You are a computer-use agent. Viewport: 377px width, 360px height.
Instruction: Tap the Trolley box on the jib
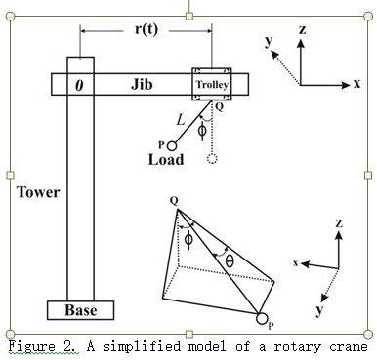[x=212, y=85]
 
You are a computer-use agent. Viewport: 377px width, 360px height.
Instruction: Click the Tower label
[x=38, y=192]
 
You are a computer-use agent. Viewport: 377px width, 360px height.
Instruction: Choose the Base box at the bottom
[x=80, y=310]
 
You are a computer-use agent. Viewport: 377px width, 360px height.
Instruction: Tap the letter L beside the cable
[x=178, y=118]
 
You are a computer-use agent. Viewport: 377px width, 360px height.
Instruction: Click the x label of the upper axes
[x=357, y=84]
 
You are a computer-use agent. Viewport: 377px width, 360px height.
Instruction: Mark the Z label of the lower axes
[x=339, y=224]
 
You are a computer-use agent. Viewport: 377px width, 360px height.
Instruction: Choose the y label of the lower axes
[x=318, y=309]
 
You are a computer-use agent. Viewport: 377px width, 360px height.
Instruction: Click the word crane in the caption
[x=347, y=346]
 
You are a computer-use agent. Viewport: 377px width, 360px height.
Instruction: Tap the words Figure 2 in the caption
[x=42, y=346]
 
